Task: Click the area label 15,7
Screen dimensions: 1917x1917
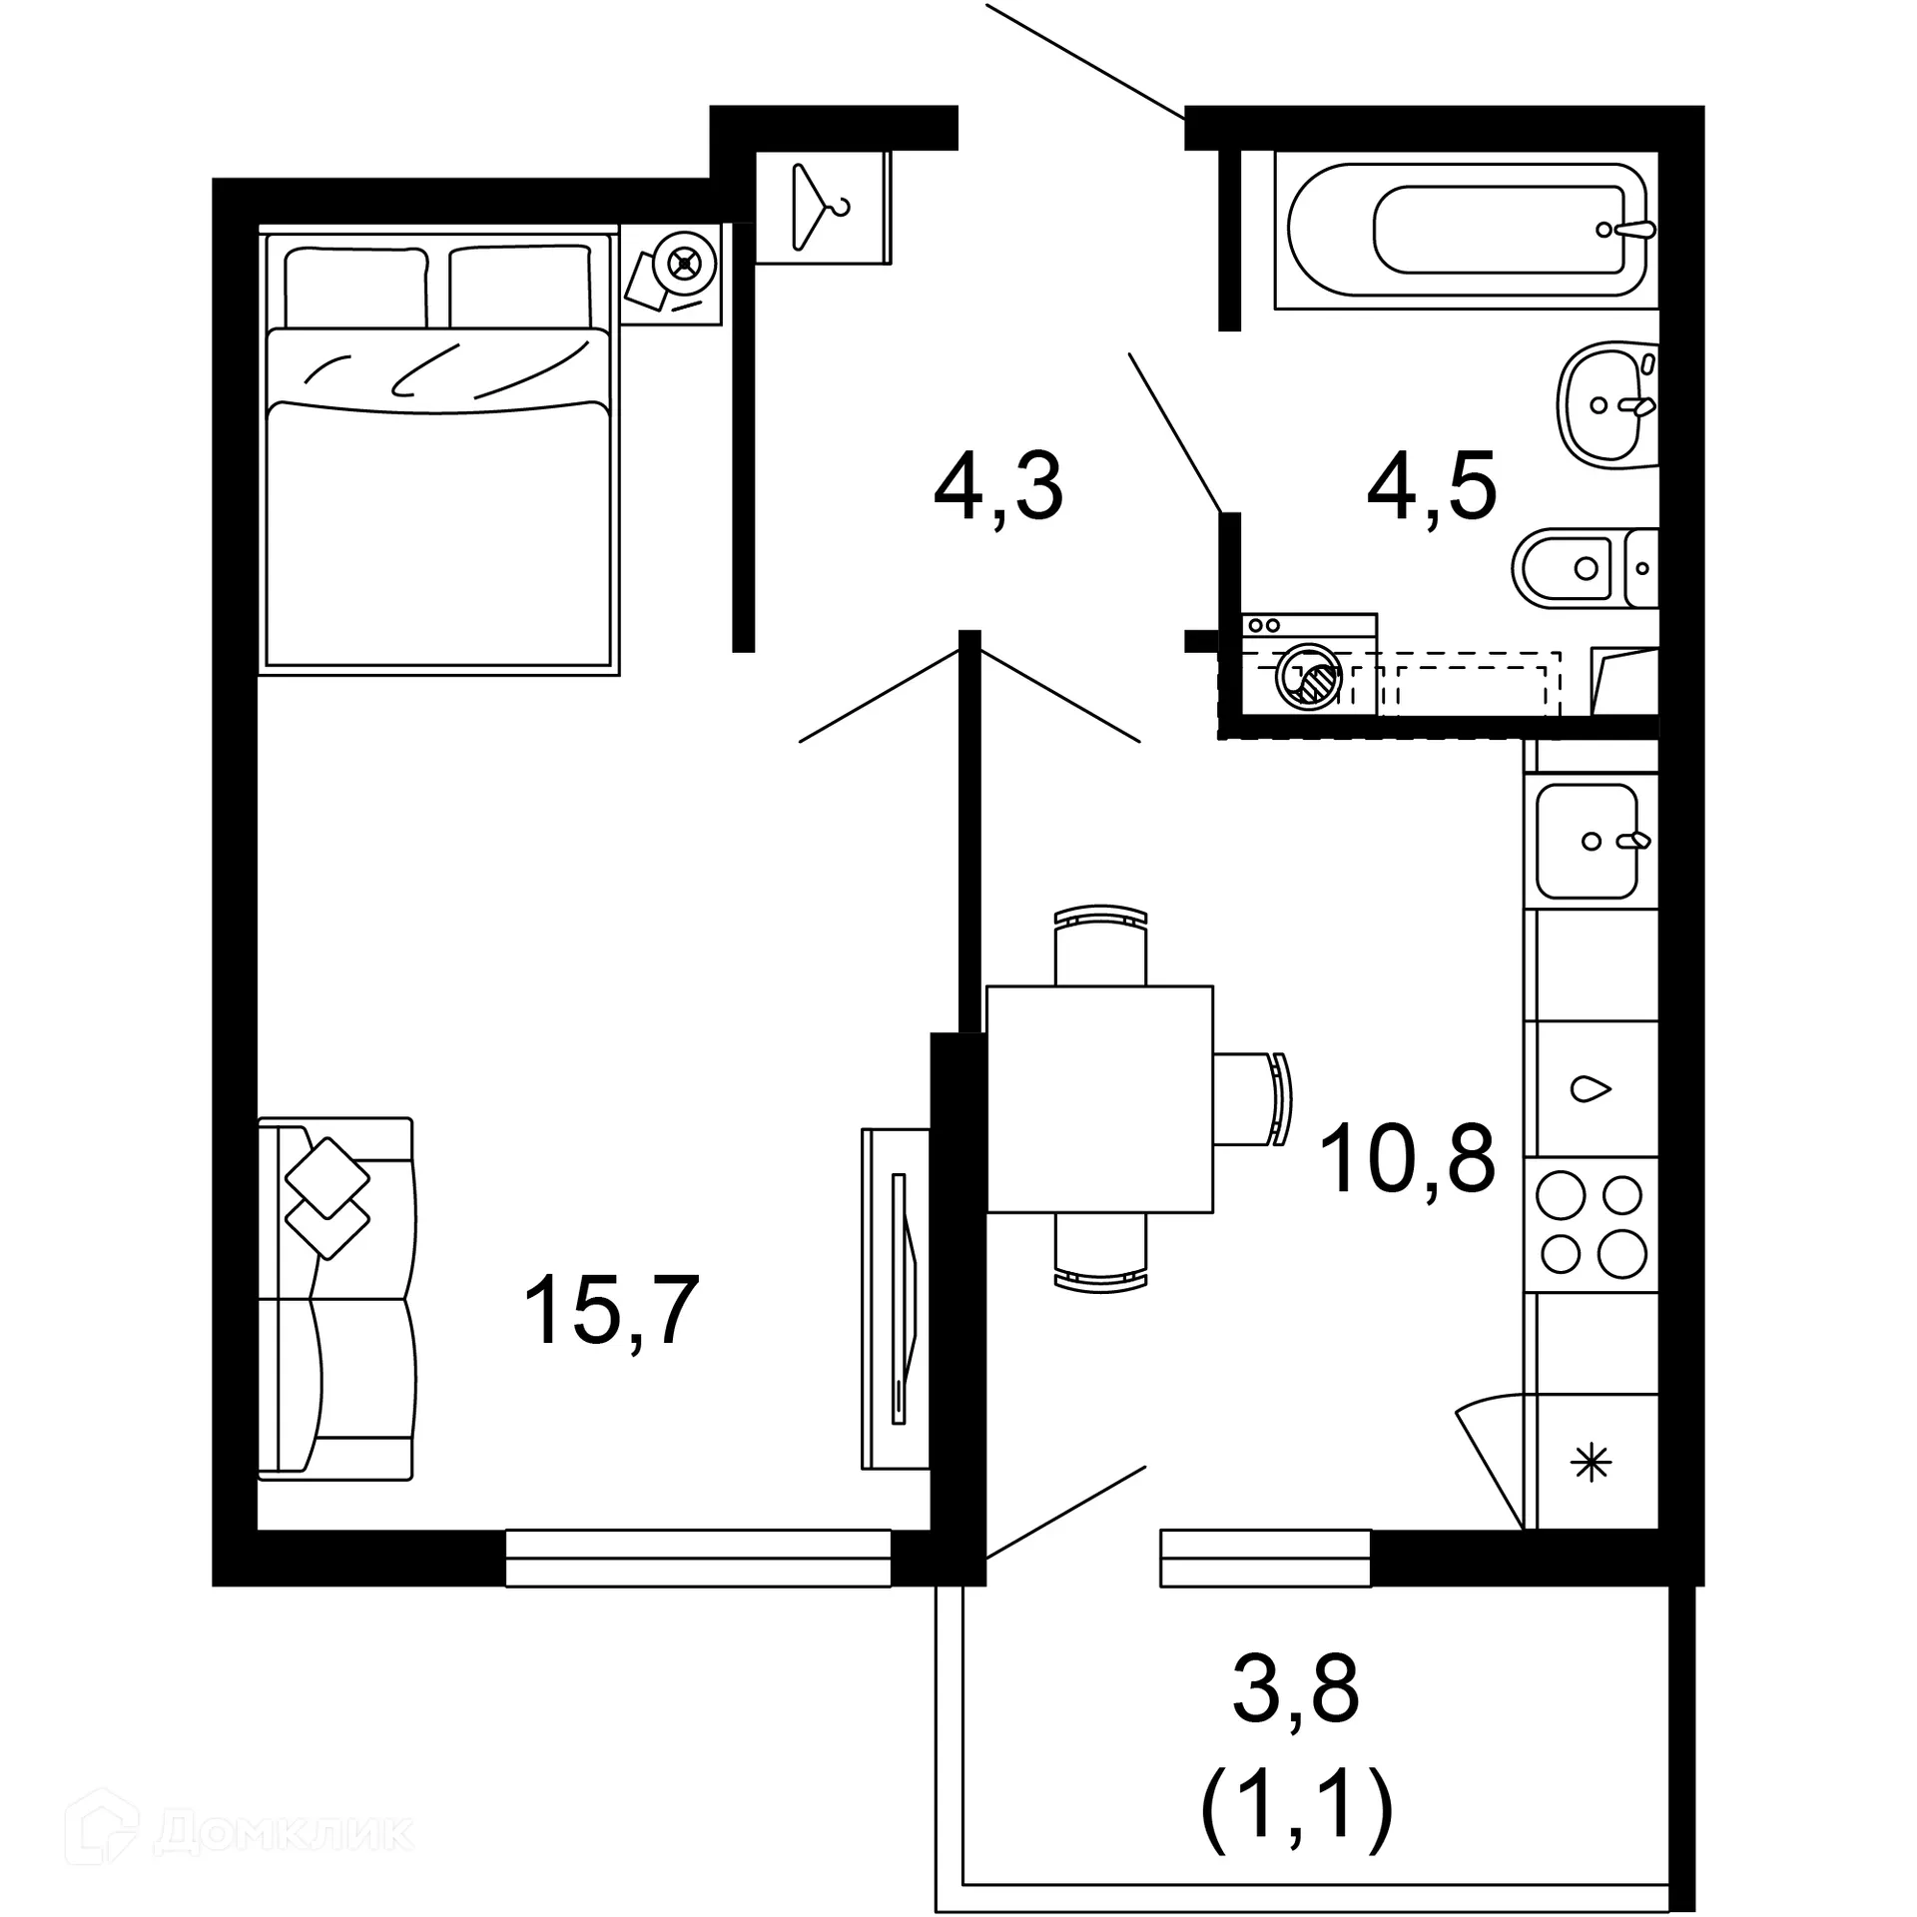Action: tap(610, 1311)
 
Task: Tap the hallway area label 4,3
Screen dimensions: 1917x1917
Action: tap(997, 488)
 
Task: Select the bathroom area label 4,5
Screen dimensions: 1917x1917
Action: tap(1431, 488)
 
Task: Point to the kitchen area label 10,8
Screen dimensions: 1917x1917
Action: tap(1407, 1158)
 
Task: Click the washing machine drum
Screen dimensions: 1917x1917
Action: tap(1308, 676)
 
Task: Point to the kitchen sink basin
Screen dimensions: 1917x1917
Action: tap(1587, 841)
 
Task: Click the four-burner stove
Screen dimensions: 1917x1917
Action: tap(1592, 1224)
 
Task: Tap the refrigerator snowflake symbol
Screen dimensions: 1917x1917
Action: tap(1592, 1464)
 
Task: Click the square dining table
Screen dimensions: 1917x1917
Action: tap(1099, 1098)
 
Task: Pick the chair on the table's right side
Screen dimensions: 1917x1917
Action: tap(1253, 1098)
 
